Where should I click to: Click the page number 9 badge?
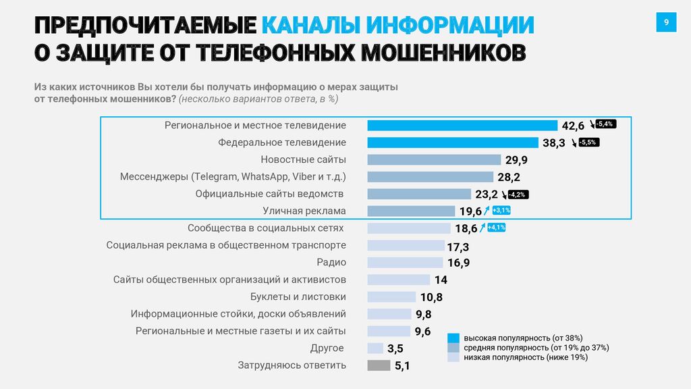(666, 23)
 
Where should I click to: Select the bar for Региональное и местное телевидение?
(462, 126)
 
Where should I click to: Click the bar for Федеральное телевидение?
(453, 142)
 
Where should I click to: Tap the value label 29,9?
(516, 160)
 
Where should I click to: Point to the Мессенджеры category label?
(233, 177)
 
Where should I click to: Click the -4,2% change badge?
(518, 194)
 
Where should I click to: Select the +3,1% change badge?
(501, 211)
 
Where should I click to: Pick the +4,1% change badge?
(496, 228)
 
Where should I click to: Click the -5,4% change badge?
(605, 124)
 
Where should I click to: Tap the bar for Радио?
(405, 263)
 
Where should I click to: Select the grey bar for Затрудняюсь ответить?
(379, 365)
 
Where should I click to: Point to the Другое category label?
(327, 348)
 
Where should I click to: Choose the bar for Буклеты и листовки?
(391, 297)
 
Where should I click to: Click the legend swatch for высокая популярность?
(453, 338)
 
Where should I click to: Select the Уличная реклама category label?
(304, 211)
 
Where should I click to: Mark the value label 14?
(441, 280)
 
